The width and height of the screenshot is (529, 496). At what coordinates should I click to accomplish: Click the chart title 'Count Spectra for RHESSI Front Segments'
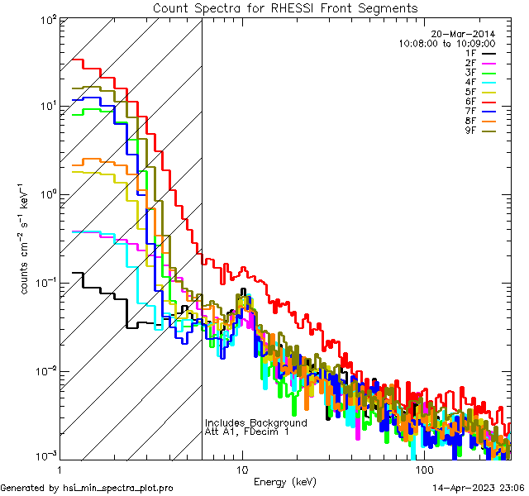pos(285,8)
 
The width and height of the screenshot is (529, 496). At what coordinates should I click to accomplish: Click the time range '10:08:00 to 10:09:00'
pos(446,43)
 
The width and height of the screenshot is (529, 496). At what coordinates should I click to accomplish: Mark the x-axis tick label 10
pos(241,470)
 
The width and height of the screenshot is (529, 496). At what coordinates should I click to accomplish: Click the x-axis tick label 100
pos(423,470)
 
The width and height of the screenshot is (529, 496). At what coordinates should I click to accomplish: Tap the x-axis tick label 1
pos(60,470)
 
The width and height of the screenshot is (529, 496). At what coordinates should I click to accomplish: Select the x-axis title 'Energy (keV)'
pos(285,481)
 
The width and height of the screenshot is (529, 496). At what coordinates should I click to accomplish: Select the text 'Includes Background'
pos(256,422)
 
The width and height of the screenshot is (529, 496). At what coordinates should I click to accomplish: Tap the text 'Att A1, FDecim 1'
pos(247,432)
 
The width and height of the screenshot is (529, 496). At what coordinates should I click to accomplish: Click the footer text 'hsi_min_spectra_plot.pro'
pos(118,489)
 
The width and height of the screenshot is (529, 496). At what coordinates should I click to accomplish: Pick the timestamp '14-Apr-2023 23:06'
pos(478,489)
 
